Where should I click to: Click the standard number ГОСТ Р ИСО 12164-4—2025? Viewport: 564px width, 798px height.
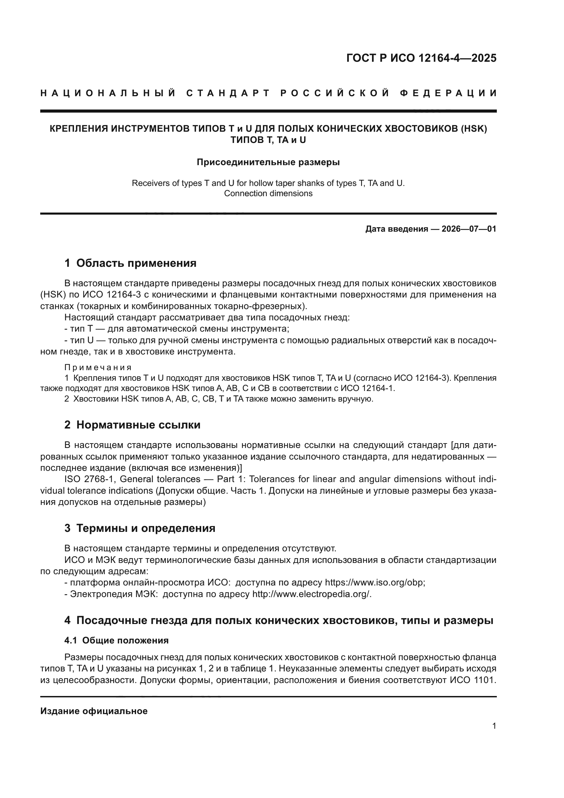(x=421, y=58)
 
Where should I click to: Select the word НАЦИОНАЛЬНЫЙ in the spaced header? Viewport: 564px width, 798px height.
(x=108, y=93)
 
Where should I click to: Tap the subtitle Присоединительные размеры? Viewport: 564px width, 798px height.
(x=268, y=162)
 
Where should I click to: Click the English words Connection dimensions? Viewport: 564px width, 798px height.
(x=268, y=193)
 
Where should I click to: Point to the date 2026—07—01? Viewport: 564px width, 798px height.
(x=469, y=229)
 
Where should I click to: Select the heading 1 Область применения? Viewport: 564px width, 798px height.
(x=130, y=263)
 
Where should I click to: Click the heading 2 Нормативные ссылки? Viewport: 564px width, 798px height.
(x=132, y=425)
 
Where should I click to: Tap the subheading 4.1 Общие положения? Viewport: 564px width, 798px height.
(x=116, y=640)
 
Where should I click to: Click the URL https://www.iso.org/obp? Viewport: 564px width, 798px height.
(x=375, y=582)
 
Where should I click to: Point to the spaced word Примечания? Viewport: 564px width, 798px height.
(x=98, y=368)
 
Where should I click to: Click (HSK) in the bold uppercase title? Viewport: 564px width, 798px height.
(x=474, y=129)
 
